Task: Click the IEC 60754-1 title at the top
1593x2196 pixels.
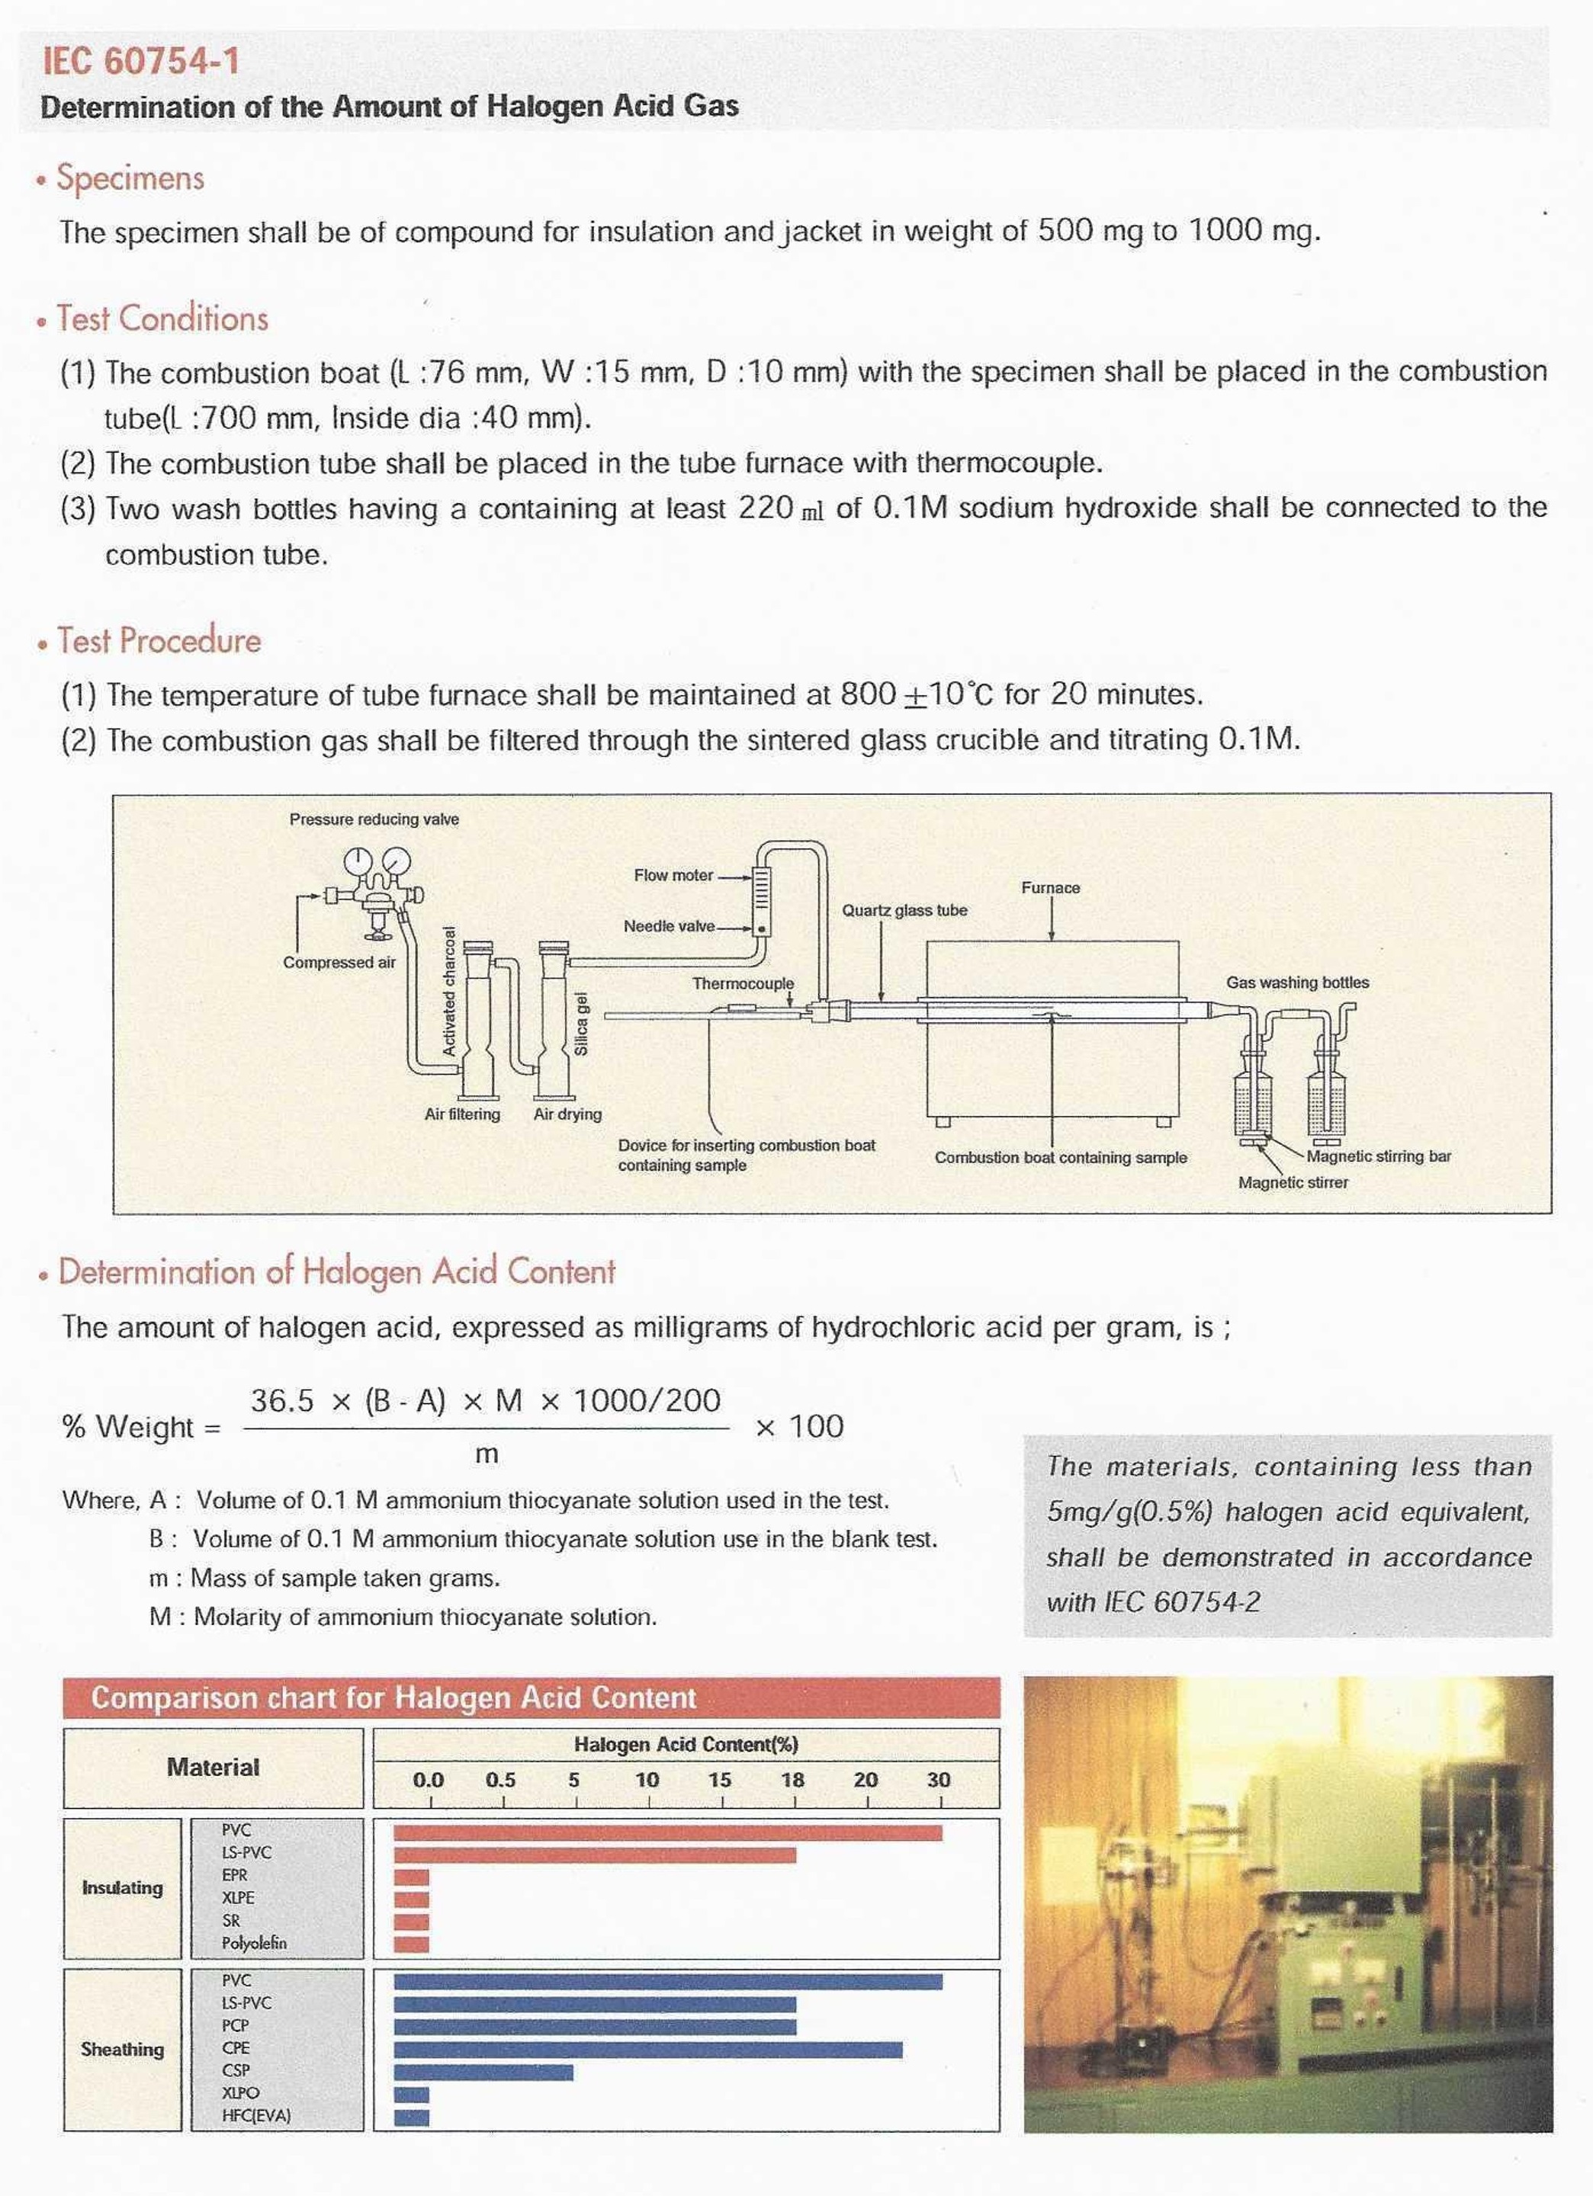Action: point(141,61)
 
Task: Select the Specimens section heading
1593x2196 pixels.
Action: point(130,178)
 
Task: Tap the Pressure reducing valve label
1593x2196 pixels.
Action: point(374,819)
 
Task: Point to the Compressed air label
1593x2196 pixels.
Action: point(339,963)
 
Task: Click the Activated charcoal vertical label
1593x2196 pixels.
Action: point(449,990)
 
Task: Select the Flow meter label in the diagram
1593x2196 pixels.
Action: point(673,875)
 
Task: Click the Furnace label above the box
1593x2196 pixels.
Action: point(1050,888)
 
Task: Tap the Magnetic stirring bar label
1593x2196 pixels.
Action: point(1378,1156)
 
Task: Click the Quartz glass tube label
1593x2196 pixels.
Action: point(904,911)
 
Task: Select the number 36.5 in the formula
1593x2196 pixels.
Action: point(282,1401)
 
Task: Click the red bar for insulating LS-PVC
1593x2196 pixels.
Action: point(595,1855)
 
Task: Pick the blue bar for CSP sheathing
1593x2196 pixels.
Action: point(483,2073)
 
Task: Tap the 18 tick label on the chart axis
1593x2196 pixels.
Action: point(792,1780)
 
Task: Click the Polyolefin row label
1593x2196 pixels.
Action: point(254,1943)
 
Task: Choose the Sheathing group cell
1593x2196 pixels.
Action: point(122,2049)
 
